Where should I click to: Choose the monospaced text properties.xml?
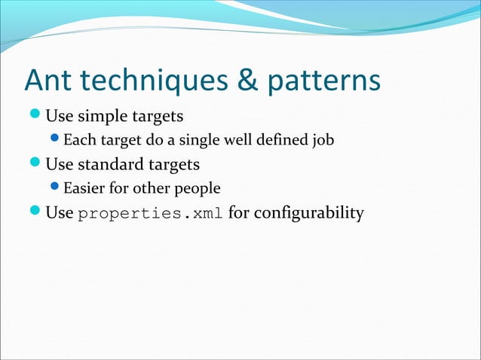coord(150,214)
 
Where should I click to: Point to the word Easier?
coord(85,187)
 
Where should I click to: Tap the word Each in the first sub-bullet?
coord(78,140)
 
